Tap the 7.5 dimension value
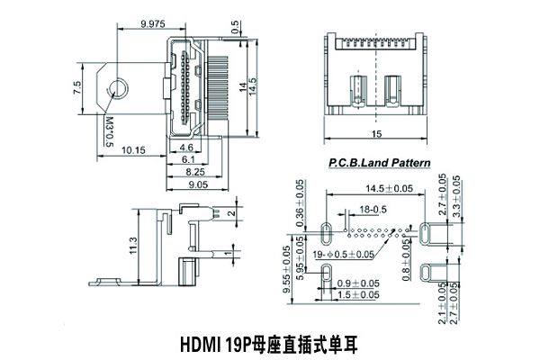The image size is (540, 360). pos(78,87)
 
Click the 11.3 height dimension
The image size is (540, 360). pos(133,244)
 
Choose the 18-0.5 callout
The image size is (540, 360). pos(373,210)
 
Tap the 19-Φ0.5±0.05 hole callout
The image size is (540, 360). pos(343,256)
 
